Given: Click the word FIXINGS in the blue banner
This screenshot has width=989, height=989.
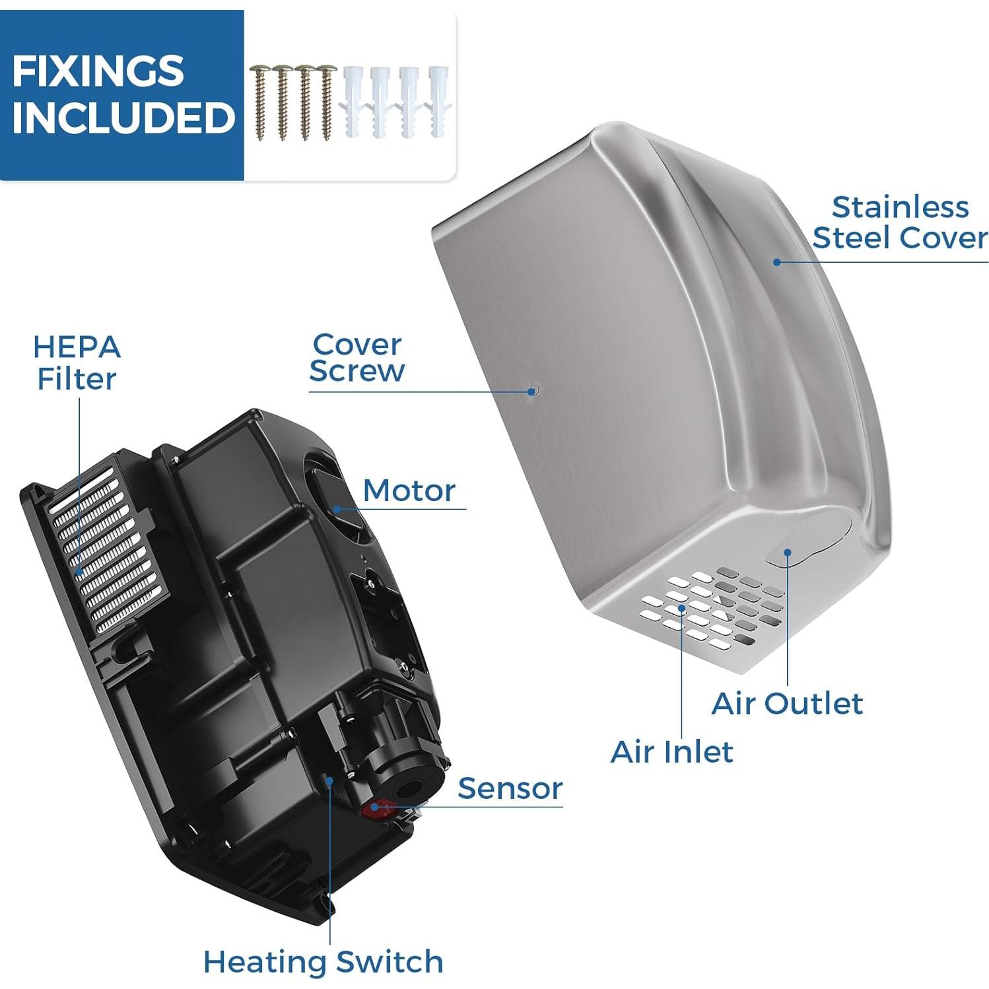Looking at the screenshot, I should pos(98,71).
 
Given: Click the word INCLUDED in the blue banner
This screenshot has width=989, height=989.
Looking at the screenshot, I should pos(123,118).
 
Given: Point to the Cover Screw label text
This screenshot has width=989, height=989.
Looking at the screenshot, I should pos(357,358).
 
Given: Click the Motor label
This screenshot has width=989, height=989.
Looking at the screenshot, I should pos(409,491).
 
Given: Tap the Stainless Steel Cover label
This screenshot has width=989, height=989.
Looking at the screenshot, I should pos(899,222).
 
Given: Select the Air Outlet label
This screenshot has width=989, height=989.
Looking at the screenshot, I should pos(787,704).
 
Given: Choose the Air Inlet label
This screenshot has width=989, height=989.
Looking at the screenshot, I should pos(671,752).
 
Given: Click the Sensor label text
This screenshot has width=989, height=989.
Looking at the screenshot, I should pos(510,788).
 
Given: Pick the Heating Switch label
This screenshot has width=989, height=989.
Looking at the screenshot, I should pos(323,961).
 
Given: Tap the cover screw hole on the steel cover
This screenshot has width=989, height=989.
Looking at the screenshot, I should pos(533,391).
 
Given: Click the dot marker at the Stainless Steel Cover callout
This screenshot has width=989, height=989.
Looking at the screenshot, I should pos(777,262).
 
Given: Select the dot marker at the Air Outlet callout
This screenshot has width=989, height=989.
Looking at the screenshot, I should pos(787,552).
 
